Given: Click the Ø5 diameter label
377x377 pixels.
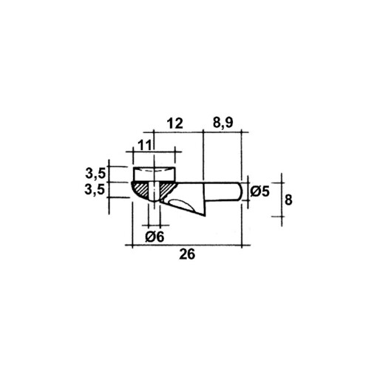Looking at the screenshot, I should click(x=259, y=191).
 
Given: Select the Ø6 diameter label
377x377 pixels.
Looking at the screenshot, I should click(x=154, y=237).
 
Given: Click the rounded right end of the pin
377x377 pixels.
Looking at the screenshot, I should click(x=237, y=190).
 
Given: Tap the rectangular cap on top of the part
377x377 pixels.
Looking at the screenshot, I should click(x=154, y=175).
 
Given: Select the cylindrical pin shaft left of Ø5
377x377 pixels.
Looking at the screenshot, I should click(x=222, y=190).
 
